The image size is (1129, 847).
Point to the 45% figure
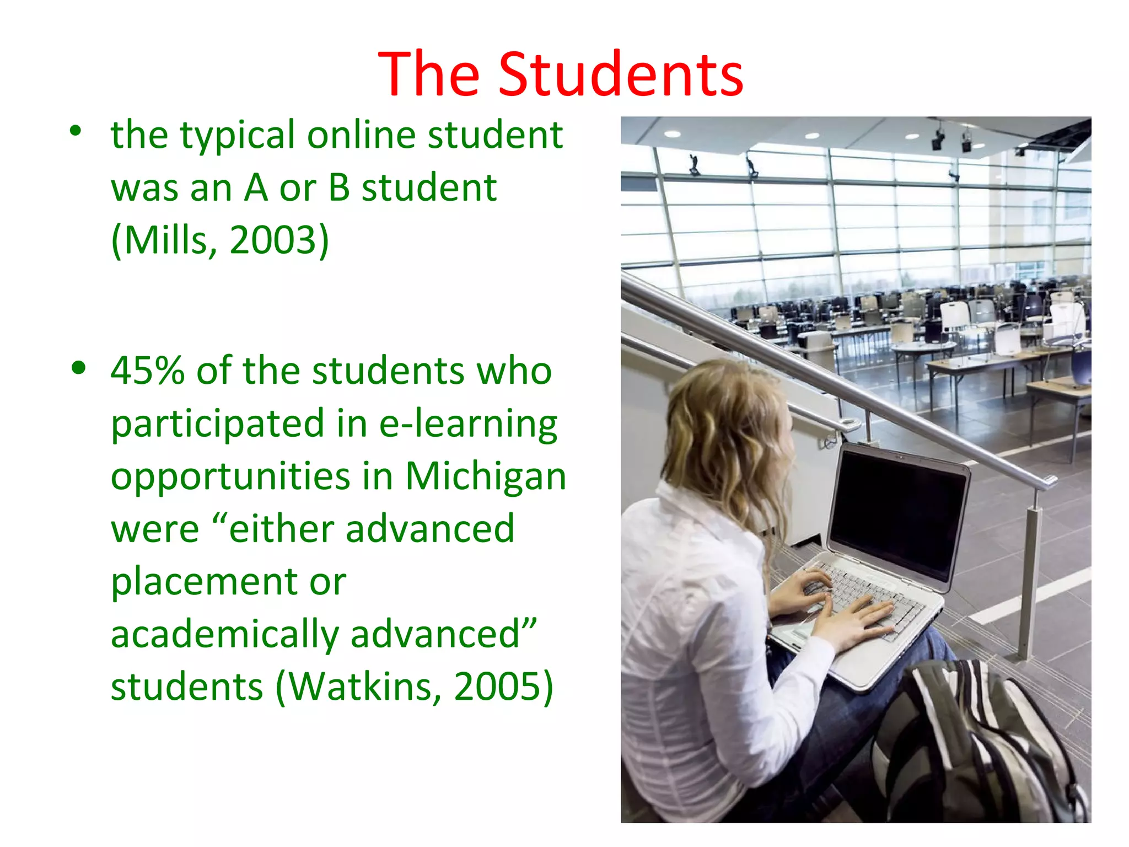coord(147,371)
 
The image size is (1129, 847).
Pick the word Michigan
coord(486,476)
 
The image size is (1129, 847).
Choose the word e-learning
coord(468,423)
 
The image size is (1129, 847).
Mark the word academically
coord(225,634)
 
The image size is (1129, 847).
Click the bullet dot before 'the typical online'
coord(76,131)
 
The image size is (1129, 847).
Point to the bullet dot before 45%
coord(79,368)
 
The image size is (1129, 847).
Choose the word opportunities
coord(230,477)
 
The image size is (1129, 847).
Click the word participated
coord(218,423)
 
